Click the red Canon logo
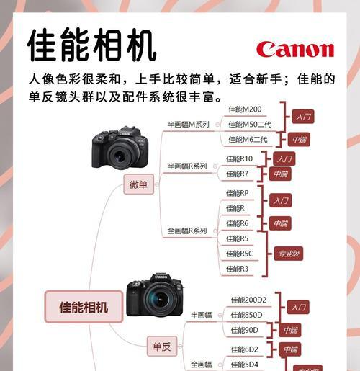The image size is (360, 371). pos(294,49)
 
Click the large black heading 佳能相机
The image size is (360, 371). pos(91,46)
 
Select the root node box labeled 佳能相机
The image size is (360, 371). pos(84,307)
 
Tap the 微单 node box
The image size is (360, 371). pos(138,184)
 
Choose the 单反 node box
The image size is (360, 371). pos(162,347)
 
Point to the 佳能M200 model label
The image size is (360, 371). pos(245,109)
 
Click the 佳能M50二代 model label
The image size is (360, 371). pos(250,125)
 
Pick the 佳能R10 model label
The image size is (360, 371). pos(240,158)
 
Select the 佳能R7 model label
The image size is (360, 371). pos(238,174)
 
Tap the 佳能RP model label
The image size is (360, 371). pos(238,193)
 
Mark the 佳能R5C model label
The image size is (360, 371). pos(240,254)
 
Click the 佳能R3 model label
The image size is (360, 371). pos(238,269)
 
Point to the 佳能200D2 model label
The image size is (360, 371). pos(248,300)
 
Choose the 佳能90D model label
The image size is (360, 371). pos(246,330)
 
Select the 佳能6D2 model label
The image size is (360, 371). pos(245,349)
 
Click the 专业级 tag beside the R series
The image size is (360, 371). pos(287,254)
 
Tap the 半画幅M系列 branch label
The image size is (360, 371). pos(188,125)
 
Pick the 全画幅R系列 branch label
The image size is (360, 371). pos(187,231)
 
